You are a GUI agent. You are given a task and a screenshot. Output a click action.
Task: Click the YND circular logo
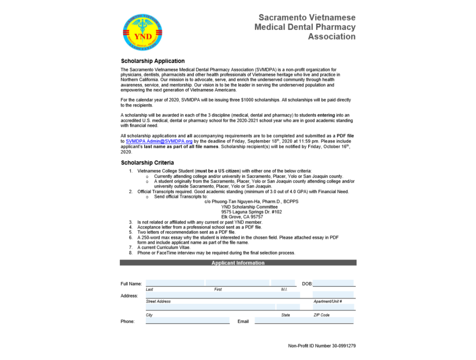(143, 32)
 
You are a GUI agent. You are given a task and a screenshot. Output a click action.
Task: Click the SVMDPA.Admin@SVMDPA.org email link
(159, 141)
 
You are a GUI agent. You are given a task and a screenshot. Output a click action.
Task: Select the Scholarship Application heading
(152, 61)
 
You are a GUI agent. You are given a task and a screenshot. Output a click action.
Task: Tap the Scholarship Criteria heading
(147, 163)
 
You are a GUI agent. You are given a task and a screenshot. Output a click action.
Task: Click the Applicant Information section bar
(238, 263)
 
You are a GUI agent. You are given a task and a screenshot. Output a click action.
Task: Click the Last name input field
(175, 283)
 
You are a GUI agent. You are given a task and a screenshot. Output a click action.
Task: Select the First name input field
(237, 283)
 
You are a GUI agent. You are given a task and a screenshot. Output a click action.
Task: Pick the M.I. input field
(283, 283)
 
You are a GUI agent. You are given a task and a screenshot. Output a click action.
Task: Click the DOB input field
(334, 283)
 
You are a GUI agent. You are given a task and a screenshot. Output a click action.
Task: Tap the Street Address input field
(222, 295)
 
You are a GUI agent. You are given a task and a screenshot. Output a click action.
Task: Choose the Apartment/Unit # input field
(334, 295)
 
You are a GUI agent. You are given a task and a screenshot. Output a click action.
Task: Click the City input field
(210, 307)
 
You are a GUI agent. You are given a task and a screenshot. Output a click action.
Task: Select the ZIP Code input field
(334, 307)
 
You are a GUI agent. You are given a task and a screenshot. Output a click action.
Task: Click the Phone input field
(187, 320)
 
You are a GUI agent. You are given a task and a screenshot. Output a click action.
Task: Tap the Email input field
(304, 320)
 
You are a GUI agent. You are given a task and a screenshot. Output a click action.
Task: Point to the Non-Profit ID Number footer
(322, 346)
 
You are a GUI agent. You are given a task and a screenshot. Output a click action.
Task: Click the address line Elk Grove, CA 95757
(242, 217)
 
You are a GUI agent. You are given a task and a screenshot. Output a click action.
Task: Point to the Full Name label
(131, 284)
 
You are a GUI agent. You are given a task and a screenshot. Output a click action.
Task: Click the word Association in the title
(331, 37)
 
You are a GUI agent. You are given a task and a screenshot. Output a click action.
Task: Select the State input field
(288, 307)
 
